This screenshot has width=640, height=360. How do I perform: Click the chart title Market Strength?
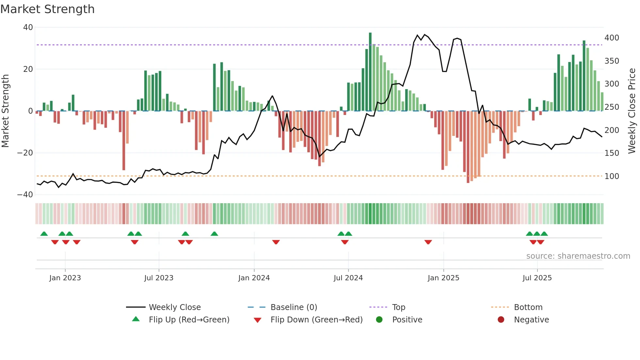(47, 9)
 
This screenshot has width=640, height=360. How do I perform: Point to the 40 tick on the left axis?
(28, 27)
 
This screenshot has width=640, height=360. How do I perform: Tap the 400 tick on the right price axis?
(612, 38)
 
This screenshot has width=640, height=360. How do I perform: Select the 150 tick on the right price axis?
(612, 153)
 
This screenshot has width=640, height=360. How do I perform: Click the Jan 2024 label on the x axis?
(254, 278)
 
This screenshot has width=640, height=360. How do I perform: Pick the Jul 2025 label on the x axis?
(537, 278)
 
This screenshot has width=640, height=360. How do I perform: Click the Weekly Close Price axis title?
(632, 111)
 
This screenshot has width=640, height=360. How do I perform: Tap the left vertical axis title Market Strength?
(6, 111)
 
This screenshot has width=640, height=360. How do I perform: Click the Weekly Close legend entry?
(174, 307)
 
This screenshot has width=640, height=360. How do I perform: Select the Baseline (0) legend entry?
(294, 307)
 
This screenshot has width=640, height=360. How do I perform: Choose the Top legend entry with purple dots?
(398, 307)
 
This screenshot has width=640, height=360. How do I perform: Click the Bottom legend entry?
(528, 307)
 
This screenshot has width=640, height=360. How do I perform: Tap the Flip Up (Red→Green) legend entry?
(189, 320)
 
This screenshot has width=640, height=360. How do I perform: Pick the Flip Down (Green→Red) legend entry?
(316, 320)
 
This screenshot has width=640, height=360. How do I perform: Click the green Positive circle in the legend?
(379, 320)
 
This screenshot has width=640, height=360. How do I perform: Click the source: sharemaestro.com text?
(578, 256)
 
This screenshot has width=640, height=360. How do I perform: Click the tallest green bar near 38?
(370, 72)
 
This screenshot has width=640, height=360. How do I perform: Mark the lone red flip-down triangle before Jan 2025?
(428, 242)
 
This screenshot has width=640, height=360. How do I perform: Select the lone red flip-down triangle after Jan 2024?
(276, 242)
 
